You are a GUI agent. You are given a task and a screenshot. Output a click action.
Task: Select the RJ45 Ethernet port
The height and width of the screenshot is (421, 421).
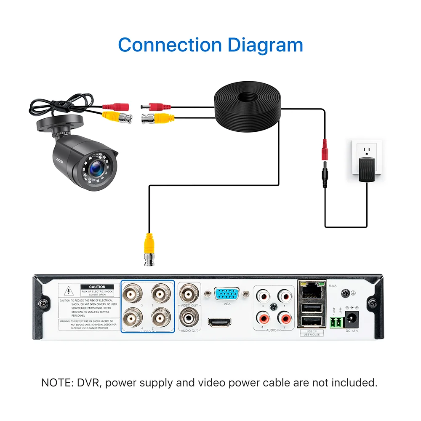point(310,290)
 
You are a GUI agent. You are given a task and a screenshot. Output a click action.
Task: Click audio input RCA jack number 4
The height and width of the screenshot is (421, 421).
point(264,316)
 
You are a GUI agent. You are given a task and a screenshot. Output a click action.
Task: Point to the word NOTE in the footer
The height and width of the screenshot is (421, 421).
point(56,383)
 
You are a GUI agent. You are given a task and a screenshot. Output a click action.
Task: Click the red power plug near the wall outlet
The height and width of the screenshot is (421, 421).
point(325,150)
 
